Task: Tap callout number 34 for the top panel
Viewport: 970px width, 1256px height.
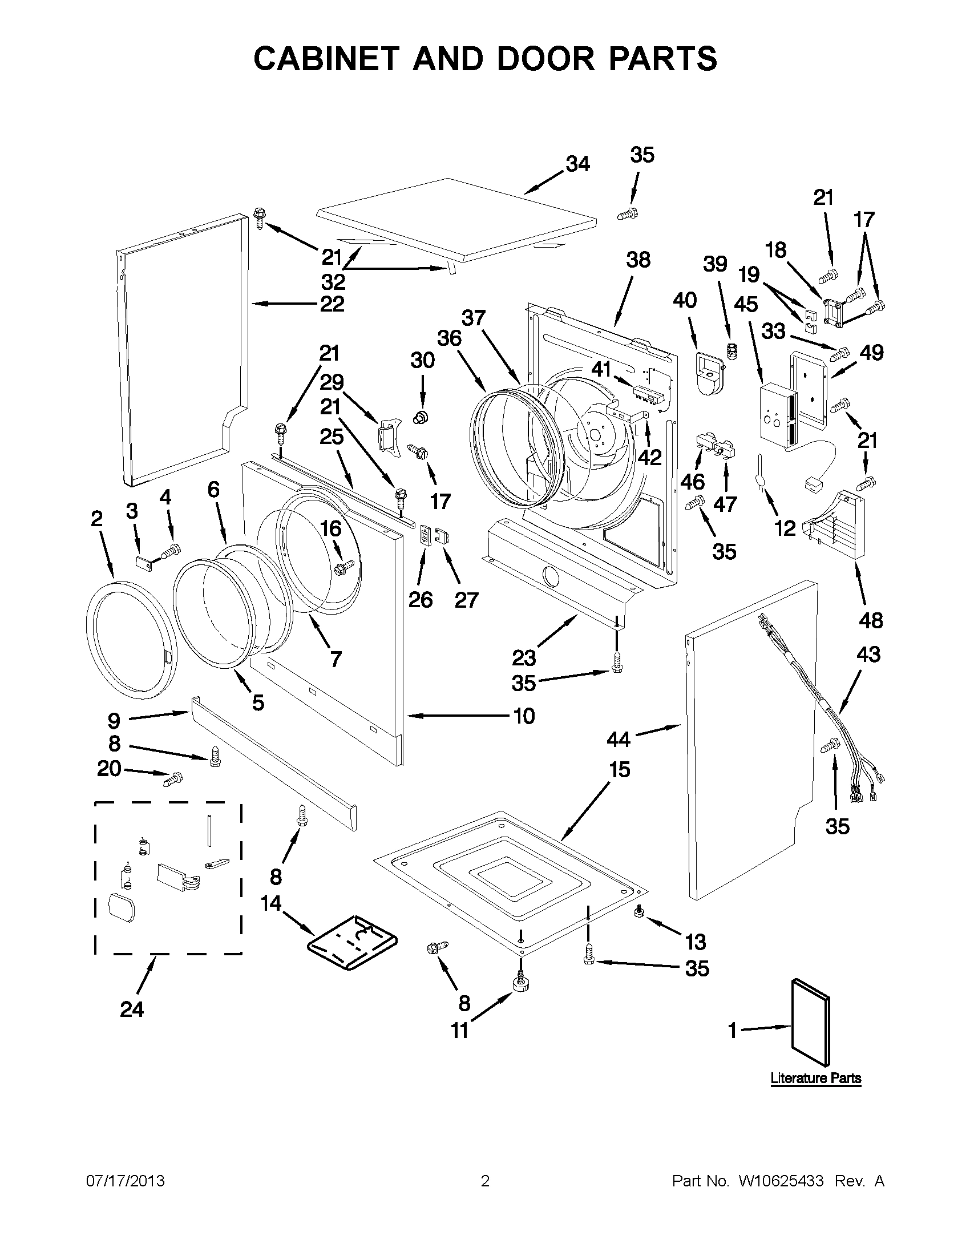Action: [x=577, y=164]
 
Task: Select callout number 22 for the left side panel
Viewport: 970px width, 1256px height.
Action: [x=332, y=304]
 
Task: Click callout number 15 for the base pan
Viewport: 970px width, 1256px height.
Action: [x=619, y=769]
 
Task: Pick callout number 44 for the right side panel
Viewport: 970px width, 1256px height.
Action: [x=619, y=739]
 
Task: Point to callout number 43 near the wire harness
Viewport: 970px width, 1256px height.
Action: [x=868, y=655]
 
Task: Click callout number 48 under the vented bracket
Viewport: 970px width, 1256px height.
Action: [x=871, y=620]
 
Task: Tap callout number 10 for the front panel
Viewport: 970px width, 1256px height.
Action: [x=524, y=716]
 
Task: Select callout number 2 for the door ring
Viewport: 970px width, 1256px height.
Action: [x=96, y=519]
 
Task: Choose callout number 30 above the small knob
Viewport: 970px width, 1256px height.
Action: [x=422, y=361]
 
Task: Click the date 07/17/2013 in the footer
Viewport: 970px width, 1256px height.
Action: [x=126, y=1181]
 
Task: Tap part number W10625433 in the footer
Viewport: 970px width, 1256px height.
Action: [x=781, y=1181]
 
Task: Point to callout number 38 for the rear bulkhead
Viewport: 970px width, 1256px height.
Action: [x=638, y=260]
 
